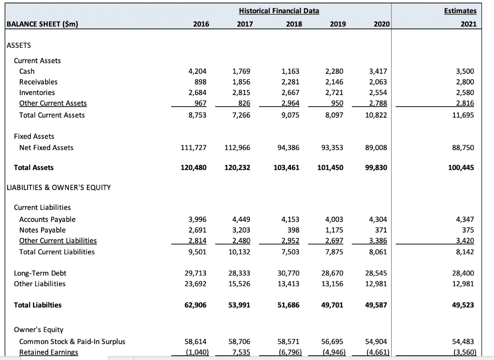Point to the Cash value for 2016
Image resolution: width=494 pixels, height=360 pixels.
pyautogui.click(x=200, y=71)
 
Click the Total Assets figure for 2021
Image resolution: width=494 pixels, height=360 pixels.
pyautogui.click(x=462, y=167)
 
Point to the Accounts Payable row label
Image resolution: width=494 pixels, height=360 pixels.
pyautogui.click(x=47, y=219)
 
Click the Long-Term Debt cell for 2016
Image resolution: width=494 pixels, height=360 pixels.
pyautogui.click(x=198, y=273)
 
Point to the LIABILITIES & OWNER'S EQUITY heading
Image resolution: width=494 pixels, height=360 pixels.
pyautogui.click(x=58, y=187)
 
